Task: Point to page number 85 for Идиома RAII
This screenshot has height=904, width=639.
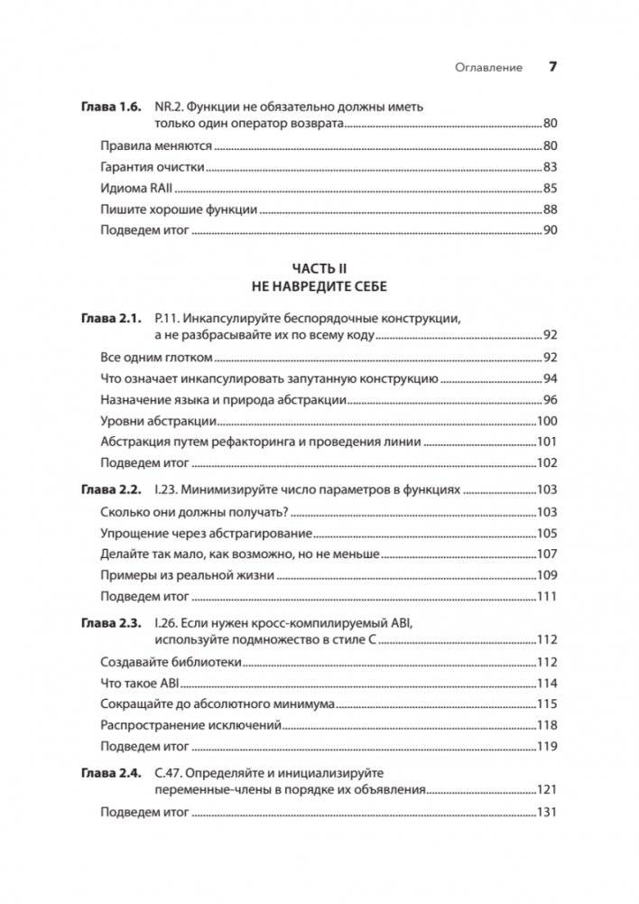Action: pyautogui.click(x=551, y=188)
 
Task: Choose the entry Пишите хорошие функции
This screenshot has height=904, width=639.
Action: pyautogui.click(x=179, y=210)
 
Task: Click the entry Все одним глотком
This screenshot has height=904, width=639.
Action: pyautogui.click(x=149, y=357)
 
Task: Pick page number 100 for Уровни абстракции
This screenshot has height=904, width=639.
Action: pyautogui.click(x=548, y=421)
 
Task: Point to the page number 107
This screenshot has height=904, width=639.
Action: pyautogui.click(x=548, y=554)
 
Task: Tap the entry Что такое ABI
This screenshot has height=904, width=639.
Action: pyautogui.click(x=144, y=683)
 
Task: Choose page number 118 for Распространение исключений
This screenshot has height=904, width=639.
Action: pyautogui.click(x=548, y=725)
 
